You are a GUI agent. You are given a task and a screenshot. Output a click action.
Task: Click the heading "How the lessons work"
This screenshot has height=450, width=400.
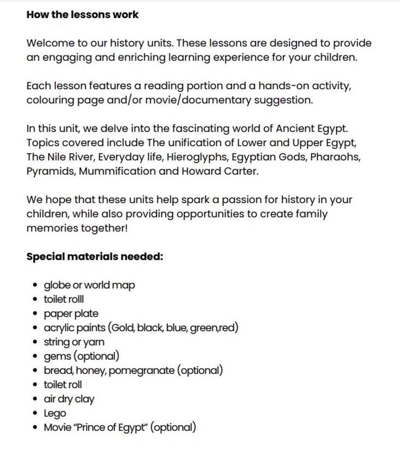point(82,15)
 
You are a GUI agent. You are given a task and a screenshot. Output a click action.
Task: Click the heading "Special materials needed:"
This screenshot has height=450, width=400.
point(94,256)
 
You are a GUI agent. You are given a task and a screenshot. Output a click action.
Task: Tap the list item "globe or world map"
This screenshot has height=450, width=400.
point(89,285)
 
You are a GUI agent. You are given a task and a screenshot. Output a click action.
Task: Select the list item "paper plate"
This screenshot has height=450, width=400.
point(71,314)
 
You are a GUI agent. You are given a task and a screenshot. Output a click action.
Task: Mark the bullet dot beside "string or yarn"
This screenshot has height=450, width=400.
point(33,343)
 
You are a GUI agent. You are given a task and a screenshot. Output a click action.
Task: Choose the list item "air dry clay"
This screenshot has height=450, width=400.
point(69,400)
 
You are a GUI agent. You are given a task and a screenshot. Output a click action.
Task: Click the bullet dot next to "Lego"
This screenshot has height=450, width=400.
point(33,414)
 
